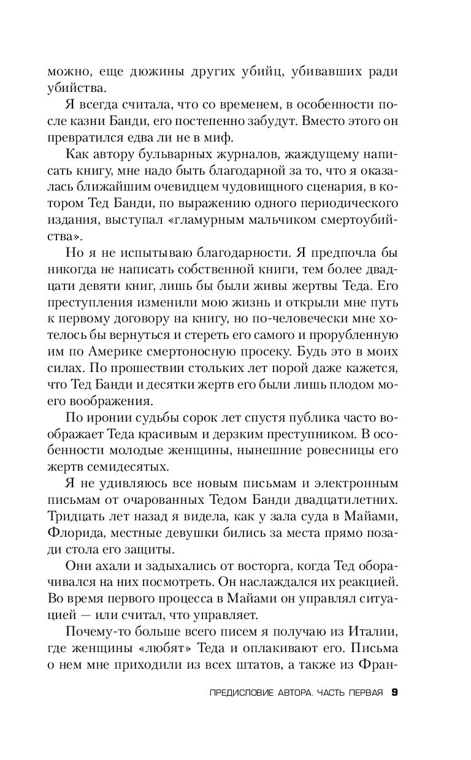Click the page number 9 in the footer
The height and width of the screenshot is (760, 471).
coord(394,693)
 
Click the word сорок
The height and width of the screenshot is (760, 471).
coord(201,419)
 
